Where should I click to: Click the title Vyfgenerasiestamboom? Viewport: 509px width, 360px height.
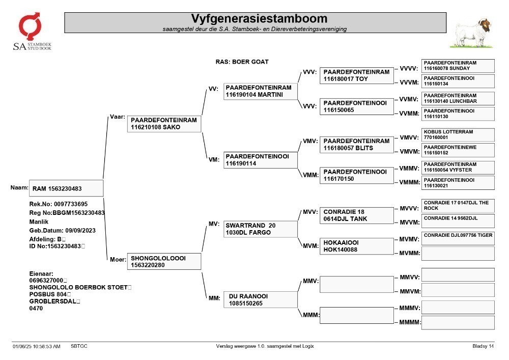click(x=259, y=18)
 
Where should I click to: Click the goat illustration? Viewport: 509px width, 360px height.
click(x=472, y=34)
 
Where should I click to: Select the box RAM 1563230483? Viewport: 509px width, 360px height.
click(x=66, y=188)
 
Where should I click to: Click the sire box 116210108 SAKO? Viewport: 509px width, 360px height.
click(x=164, y=124)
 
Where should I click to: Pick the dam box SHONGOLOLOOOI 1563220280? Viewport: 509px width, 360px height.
click(x=164, y=261)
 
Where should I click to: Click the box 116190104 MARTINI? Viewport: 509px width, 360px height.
click(x=260, y=91)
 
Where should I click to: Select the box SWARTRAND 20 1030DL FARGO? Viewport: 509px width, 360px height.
click(x=260, y=229)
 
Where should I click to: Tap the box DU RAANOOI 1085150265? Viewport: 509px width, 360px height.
click(x=260, y=299)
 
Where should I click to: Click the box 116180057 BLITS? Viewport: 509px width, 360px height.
click(x=357, y=145)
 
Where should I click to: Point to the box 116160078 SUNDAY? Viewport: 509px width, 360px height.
click(x=458, y=66)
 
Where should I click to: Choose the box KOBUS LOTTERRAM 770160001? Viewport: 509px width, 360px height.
click(x=458, y=135)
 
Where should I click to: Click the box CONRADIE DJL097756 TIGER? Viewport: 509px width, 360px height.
click(x=458, y=238)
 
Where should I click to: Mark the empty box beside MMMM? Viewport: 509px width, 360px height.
click(x=458, y=323)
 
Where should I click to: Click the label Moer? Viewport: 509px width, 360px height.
click(x=118, y=259)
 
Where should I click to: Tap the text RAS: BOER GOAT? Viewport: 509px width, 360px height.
click(x=242, y=62)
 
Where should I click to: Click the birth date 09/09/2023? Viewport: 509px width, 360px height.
click(x=80, y=231)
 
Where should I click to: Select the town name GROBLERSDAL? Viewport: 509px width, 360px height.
click(x=53, y=301)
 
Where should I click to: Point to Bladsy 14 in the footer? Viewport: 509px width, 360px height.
click(x=483, y=346)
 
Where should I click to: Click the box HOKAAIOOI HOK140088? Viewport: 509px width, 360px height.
click(x=357, y=246)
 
